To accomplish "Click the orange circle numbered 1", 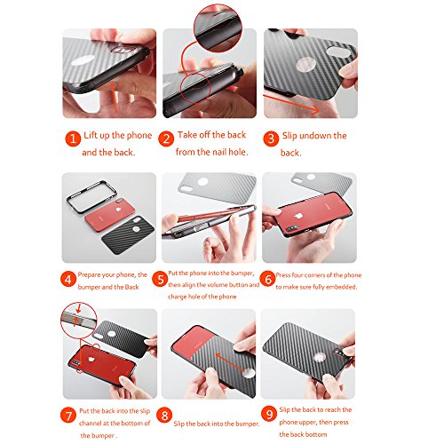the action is click(x=73, y=139).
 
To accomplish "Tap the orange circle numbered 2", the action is click(x=166, y=139).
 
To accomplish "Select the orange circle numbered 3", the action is click(x=271, y=139).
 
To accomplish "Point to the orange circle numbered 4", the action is click(x=68, y=280).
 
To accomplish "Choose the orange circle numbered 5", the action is click(x=160, y=279).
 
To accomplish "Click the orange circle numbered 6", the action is click(x=267, y=279).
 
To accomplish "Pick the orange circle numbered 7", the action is click(x=68, y=416).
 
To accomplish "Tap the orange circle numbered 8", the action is click(x=164, y=416).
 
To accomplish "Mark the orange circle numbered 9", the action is click(x=269, y=414).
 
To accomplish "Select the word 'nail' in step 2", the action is click(x=219, y=152).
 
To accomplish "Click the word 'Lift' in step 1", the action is click(x=91, y=135).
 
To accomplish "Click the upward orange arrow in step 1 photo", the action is click(x=114, y=99).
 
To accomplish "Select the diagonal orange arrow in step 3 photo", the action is click(x=291, y=103).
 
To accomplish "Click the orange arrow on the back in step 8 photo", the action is click(x=231, y=362).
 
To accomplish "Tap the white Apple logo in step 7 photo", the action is click(x=91, y=359).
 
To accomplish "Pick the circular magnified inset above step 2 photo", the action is click(x=218, y=28).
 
